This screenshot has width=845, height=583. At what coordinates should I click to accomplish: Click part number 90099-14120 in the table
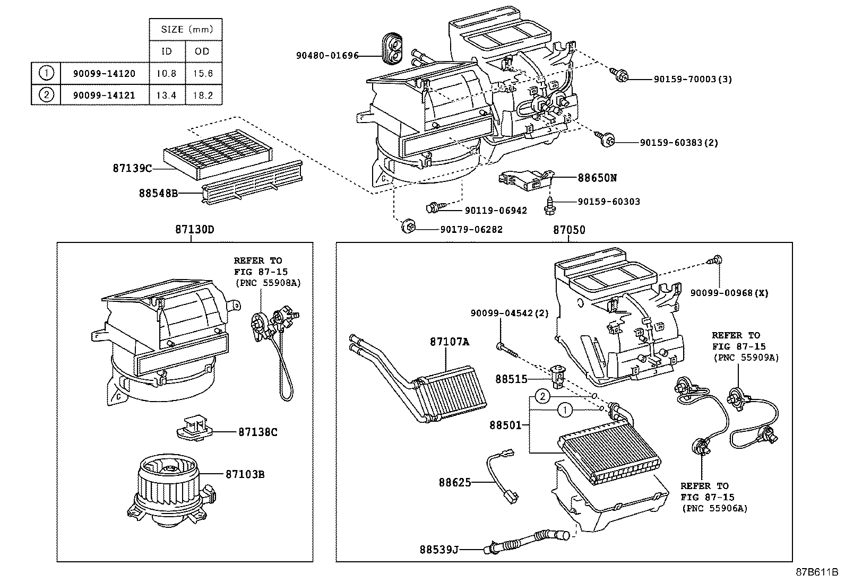tap(104, 73)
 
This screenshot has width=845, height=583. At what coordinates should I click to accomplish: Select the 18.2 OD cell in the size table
tap(203, 95)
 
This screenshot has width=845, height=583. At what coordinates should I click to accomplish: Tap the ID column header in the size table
tap(166, 51)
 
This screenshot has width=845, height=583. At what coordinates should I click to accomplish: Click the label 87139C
tap(132, 169)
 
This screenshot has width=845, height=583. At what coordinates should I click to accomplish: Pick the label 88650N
tap(597, 178)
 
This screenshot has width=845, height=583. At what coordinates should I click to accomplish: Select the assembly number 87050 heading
tap(569, 230)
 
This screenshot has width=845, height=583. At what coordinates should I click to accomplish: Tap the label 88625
tap(455, 482)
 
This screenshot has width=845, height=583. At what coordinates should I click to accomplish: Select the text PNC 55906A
tap(714, 508)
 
